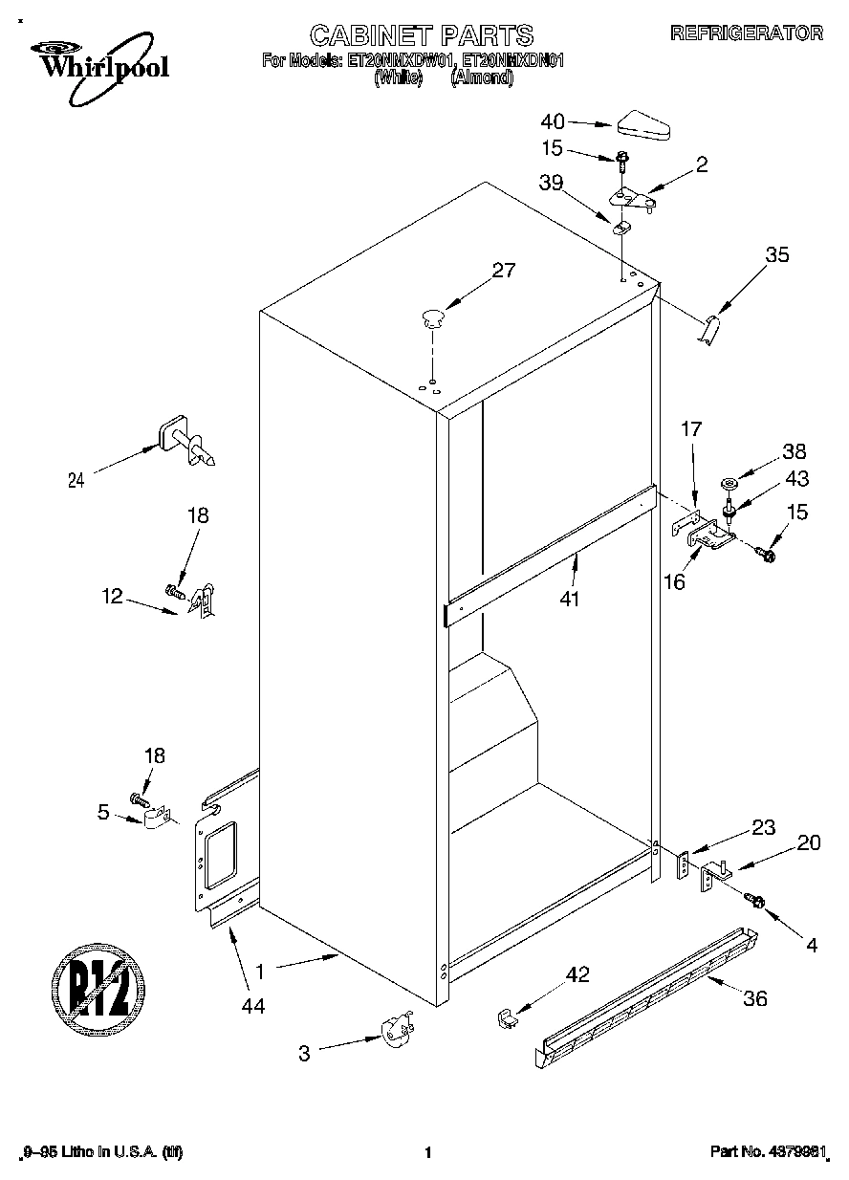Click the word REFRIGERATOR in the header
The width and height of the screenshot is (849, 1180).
point(746,33)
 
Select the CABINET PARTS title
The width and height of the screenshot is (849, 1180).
point(421,35)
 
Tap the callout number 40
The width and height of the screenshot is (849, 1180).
point(553,121)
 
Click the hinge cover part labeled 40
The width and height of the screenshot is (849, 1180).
point(645,122)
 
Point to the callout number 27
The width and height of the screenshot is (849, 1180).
point(503,271)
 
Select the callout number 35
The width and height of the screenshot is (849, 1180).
point(777,255)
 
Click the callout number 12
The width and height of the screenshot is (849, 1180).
point(112,596)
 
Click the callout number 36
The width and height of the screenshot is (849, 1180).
point(755,999)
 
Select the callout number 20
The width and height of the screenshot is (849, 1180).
point(808,842)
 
